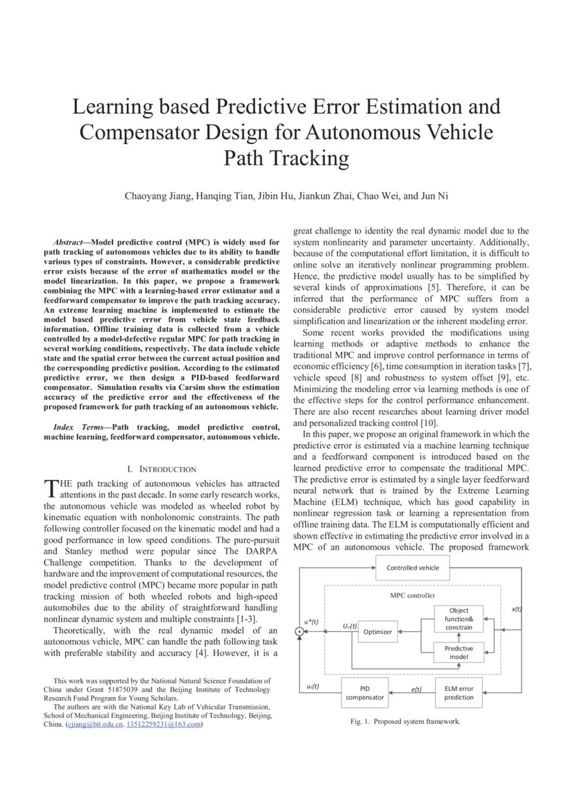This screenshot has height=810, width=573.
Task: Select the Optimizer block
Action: tap(378, 631)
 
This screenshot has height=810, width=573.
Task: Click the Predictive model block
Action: tap(459, 653)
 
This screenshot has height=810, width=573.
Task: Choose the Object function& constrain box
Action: tap(459, 618)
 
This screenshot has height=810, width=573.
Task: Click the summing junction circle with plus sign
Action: tap(299, 631)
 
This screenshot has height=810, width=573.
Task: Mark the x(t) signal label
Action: tap(516, 609)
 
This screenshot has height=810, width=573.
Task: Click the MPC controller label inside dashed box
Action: tap(412, 595)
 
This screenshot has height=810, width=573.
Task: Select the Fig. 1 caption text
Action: tap(405, 721)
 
